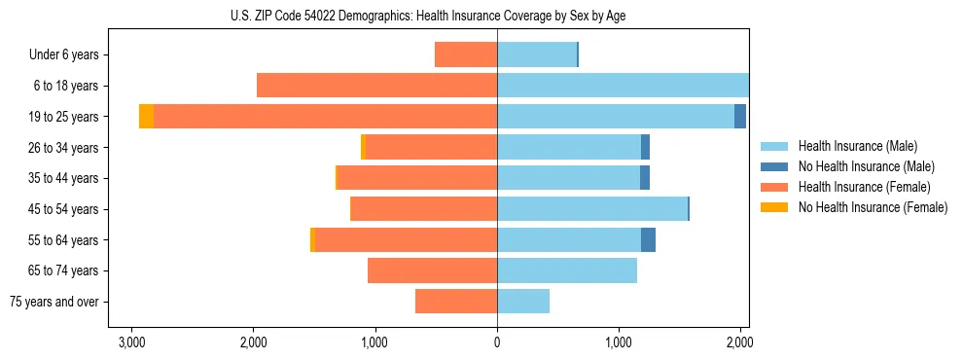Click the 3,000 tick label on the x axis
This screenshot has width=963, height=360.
coord(131,342)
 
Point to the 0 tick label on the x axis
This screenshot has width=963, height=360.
coord(497,342)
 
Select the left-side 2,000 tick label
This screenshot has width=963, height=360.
coord(253,342)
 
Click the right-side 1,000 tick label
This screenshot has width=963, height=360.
coord(619,342)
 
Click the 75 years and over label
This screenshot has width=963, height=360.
coord(54,302)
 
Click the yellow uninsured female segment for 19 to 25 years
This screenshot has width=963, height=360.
coord(146,117)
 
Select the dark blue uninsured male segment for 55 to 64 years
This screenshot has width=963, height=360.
coord(648,239)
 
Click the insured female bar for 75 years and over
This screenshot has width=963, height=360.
coord(456,302)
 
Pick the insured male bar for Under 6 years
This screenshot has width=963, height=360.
coord(537,54)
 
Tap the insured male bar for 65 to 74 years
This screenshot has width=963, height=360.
coord(567,270)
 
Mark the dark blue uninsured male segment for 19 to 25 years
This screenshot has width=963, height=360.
coord(740,117)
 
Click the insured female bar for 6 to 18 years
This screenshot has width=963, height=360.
coord(377,86)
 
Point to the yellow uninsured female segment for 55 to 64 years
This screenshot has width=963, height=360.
coord(312,239)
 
